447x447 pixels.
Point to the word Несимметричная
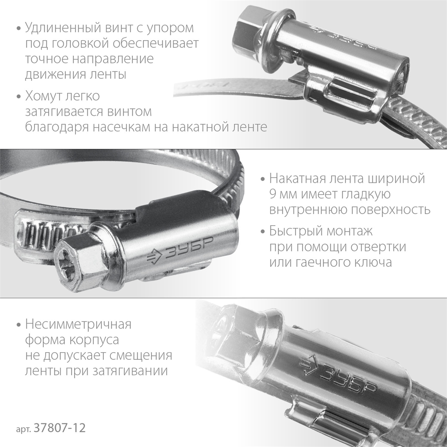click(79, 324)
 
